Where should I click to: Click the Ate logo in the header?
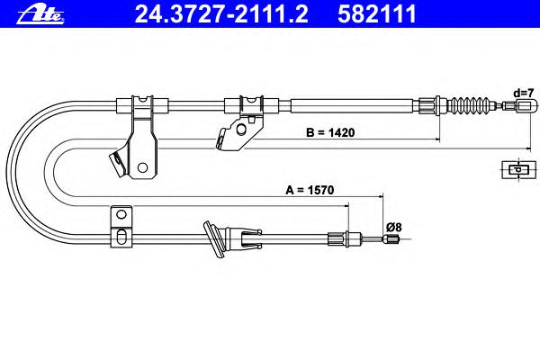click(x=40, y=14)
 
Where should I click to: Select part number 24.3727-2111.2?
click(x=221, y=14)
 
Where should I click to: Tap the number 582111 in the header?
click(x=377, y=14)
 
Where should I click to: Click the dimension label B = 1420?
click(x=330, y=132)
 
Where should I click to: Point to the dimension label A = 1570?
click(x=310, y=190)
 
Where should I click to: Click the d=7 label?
click(x=524, y=93)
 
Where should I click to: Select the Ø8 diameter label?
click(x=393, y=228)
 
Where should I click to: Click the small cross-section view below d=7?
click(x=518, y=169)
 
